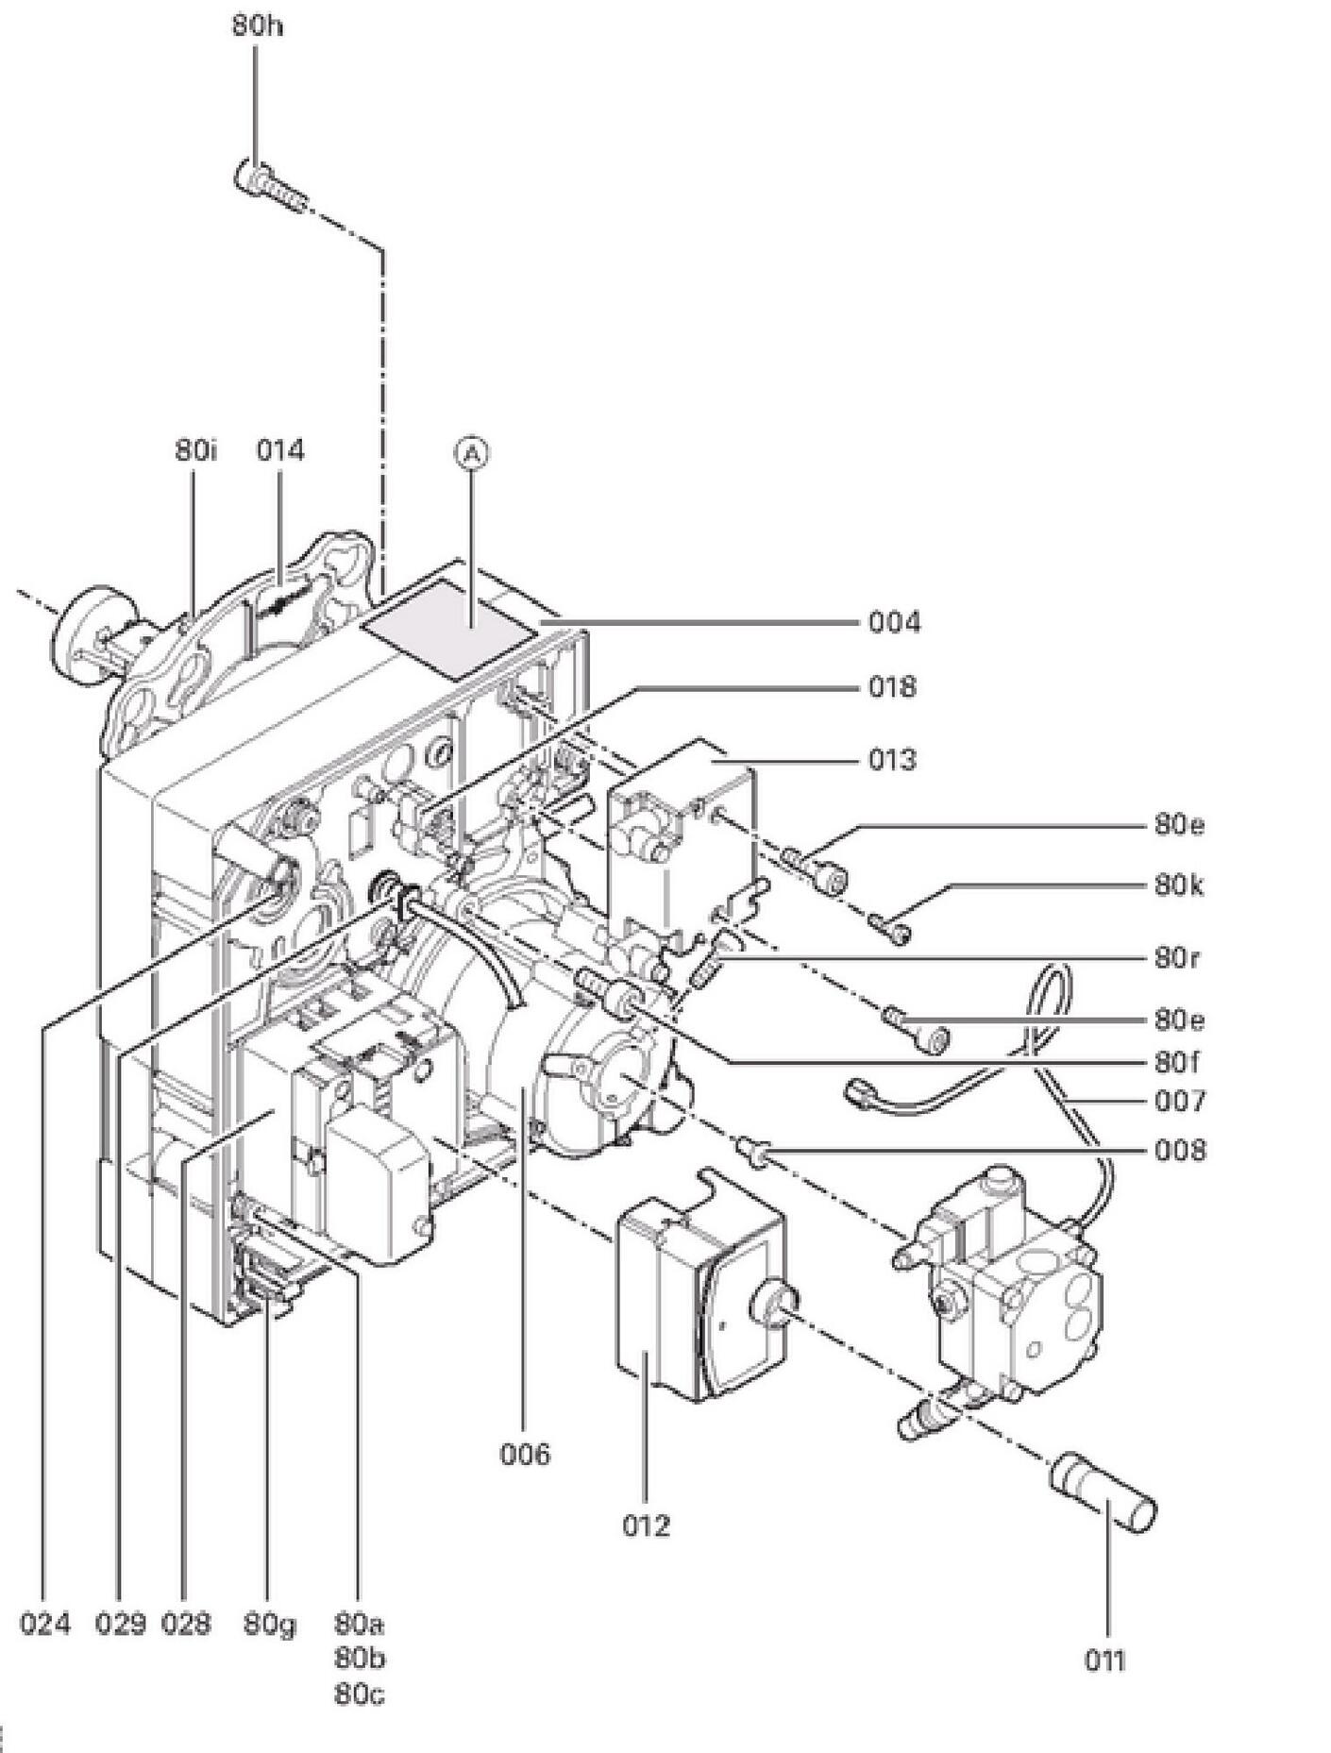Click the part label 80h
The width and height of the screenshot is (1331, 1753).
pos(257,25)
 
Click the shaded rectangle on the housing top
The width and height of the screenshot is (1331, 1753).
pos(451,630)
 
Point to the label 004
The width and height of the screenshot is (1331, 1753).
pos(893,622)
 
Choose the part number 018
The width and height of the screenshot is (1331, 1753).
pos(892,686)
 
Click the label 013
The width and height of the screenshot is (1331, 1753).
pos(892,759)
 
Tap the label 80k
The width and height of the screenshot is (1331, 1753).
pos(1179,885)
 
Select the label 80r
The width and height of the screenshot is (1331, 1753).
pos(1177,958)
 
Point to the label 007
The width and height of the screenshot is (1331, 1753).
pos(1180,1101)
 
